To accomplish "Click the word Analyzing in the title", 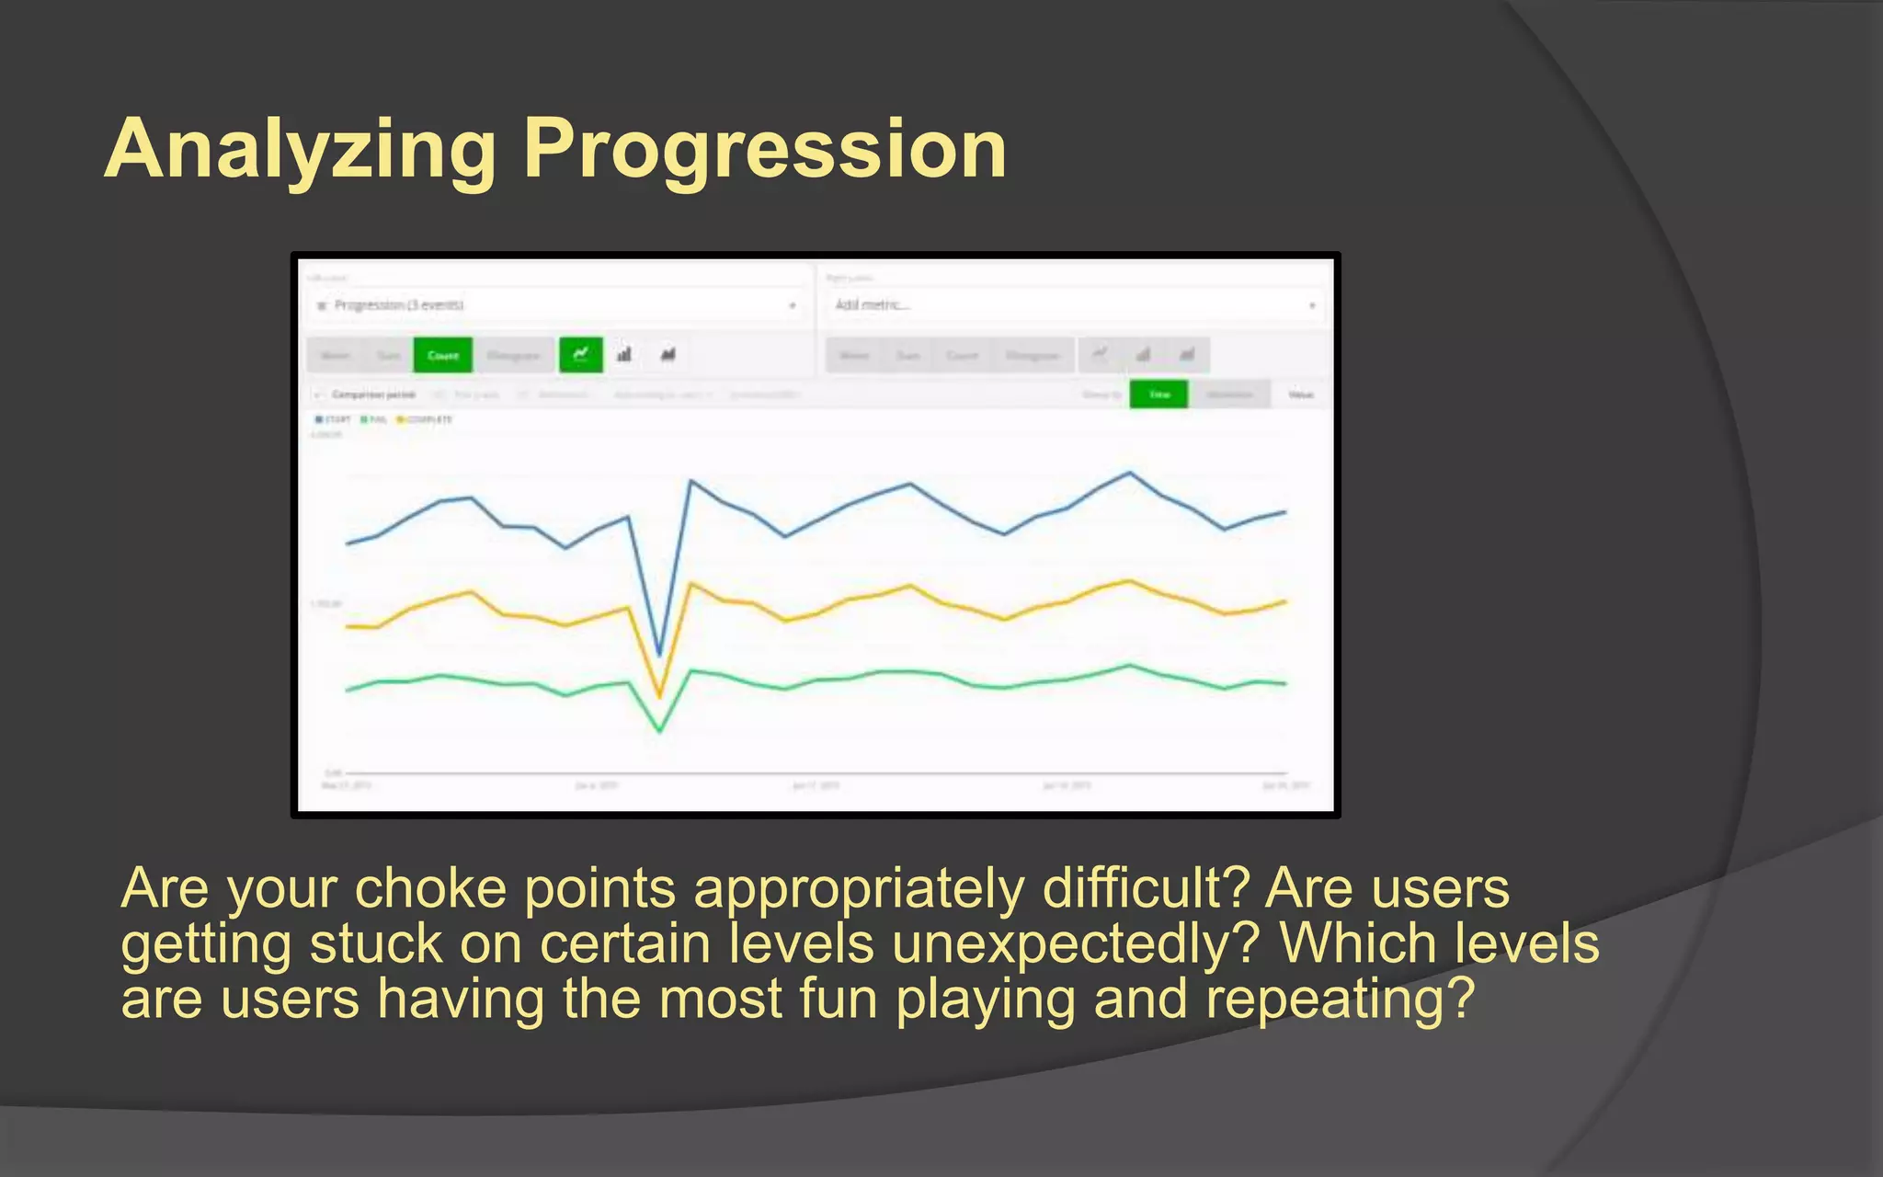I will (x=300, y=150).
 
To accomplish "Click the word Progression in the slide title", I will (x=765, y=150).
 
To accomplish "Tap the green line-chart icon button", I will (x=581, y=355).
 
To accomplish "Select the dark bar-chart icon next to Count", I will (x=624, y=355).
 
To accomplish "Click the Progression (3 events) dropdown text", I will (x=398, y=305).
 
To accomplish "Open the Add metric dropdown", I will (x=1074, y=305).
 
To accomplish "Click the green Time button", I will (x=1158, y=394).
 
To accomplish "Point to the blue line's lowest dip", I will (x=659, y=655).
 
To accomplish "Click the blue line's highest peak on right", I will (x=1130, y=474).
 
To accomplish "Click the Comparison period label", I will (x=372, y=394).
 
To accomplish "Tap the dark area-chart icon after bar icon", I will (x=668, y=355).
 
